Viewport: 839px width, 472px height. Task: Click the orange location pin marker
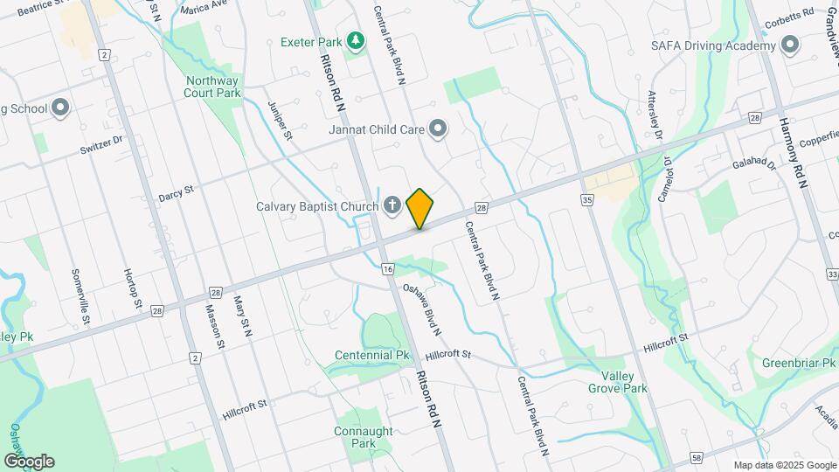pyautogui.click(x=419, y=208)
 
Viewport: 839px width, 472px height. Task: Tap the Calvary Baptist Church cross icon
pyautogui.click(x=393, y=206)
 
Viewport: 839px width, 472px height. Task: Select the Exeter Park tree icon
pyautogui.click(x=355, y=41)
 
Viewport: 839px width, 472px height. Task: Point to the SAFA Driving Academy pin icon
pyautogui.click(x=790, y=45)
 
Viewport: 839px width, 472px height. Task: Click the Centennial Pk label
pyautogui.click(x=372, y=356)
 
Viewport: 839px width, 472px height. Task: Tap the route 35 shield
pyautogui.click(x=586, y=200)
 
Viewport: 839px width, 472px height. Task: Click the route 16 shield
pyautogui.click(x=387, y=268)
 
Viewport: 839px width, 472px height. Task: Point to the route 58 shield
pyautogui.click(x=696, y=456)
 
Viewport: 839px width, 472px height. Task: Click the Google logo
pyautogui.click(x=29, y=461)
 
